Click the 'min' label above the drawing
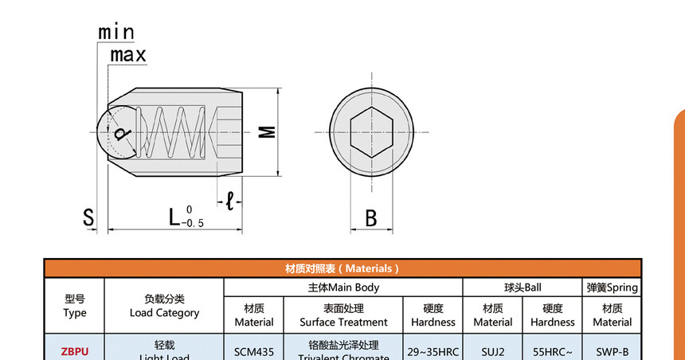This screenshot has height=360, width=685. pyautogui.click(x=116, y=32)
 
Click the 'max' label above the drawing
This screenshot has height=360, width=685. pyautogui.click(x=127, y=55)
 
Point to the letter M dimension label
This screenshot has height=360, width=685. pyautogui.click(x=270, y=131)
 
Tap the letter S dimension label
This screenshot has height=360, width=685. pyautogui.click(x=88, y=217)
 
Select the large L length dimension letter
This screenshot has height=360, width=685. pyautogui.click(x=174, y=216)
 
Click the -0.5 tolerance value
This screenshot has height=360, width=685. pyautogui.click(x=194, y=224)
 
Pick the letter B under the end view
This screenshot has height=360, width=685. pyautogui.click(x=370, y=217)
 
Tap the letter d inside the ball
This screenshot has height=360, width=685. pyautogui.click(x=120, y=133)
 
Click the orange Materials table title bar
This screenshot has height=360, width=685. pyautogui.click(x=342, y=268)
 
